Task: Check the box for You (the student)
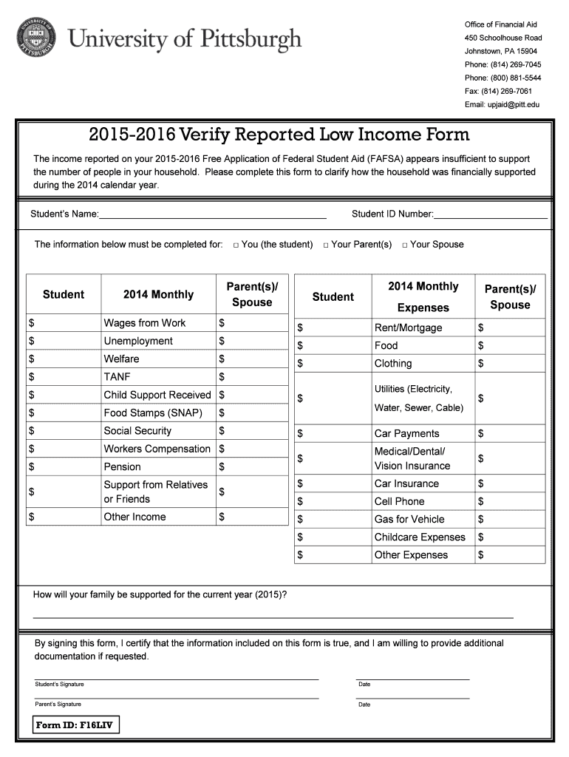tap(235, 245)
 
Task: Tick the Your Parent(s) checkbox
tap(325, 245)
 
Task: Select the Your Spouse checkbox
tap(404, 245)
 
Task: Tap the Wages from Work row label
tap(145, 323)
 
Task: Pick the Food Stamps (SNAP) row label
tap(153, 413)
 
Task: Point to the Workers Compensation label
tap(157, 449)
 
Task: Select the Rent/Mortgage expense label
tap(408, 327)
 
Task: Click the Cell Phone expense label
tap(399, 501)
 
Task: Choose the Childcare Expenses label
tap(420, 537)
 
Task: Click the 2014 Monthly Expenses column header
tap(423, 296)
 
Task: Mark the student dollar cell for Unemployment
tap(64, 341)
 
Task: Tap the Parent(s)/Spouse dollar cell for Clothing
tap(510, 363)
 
